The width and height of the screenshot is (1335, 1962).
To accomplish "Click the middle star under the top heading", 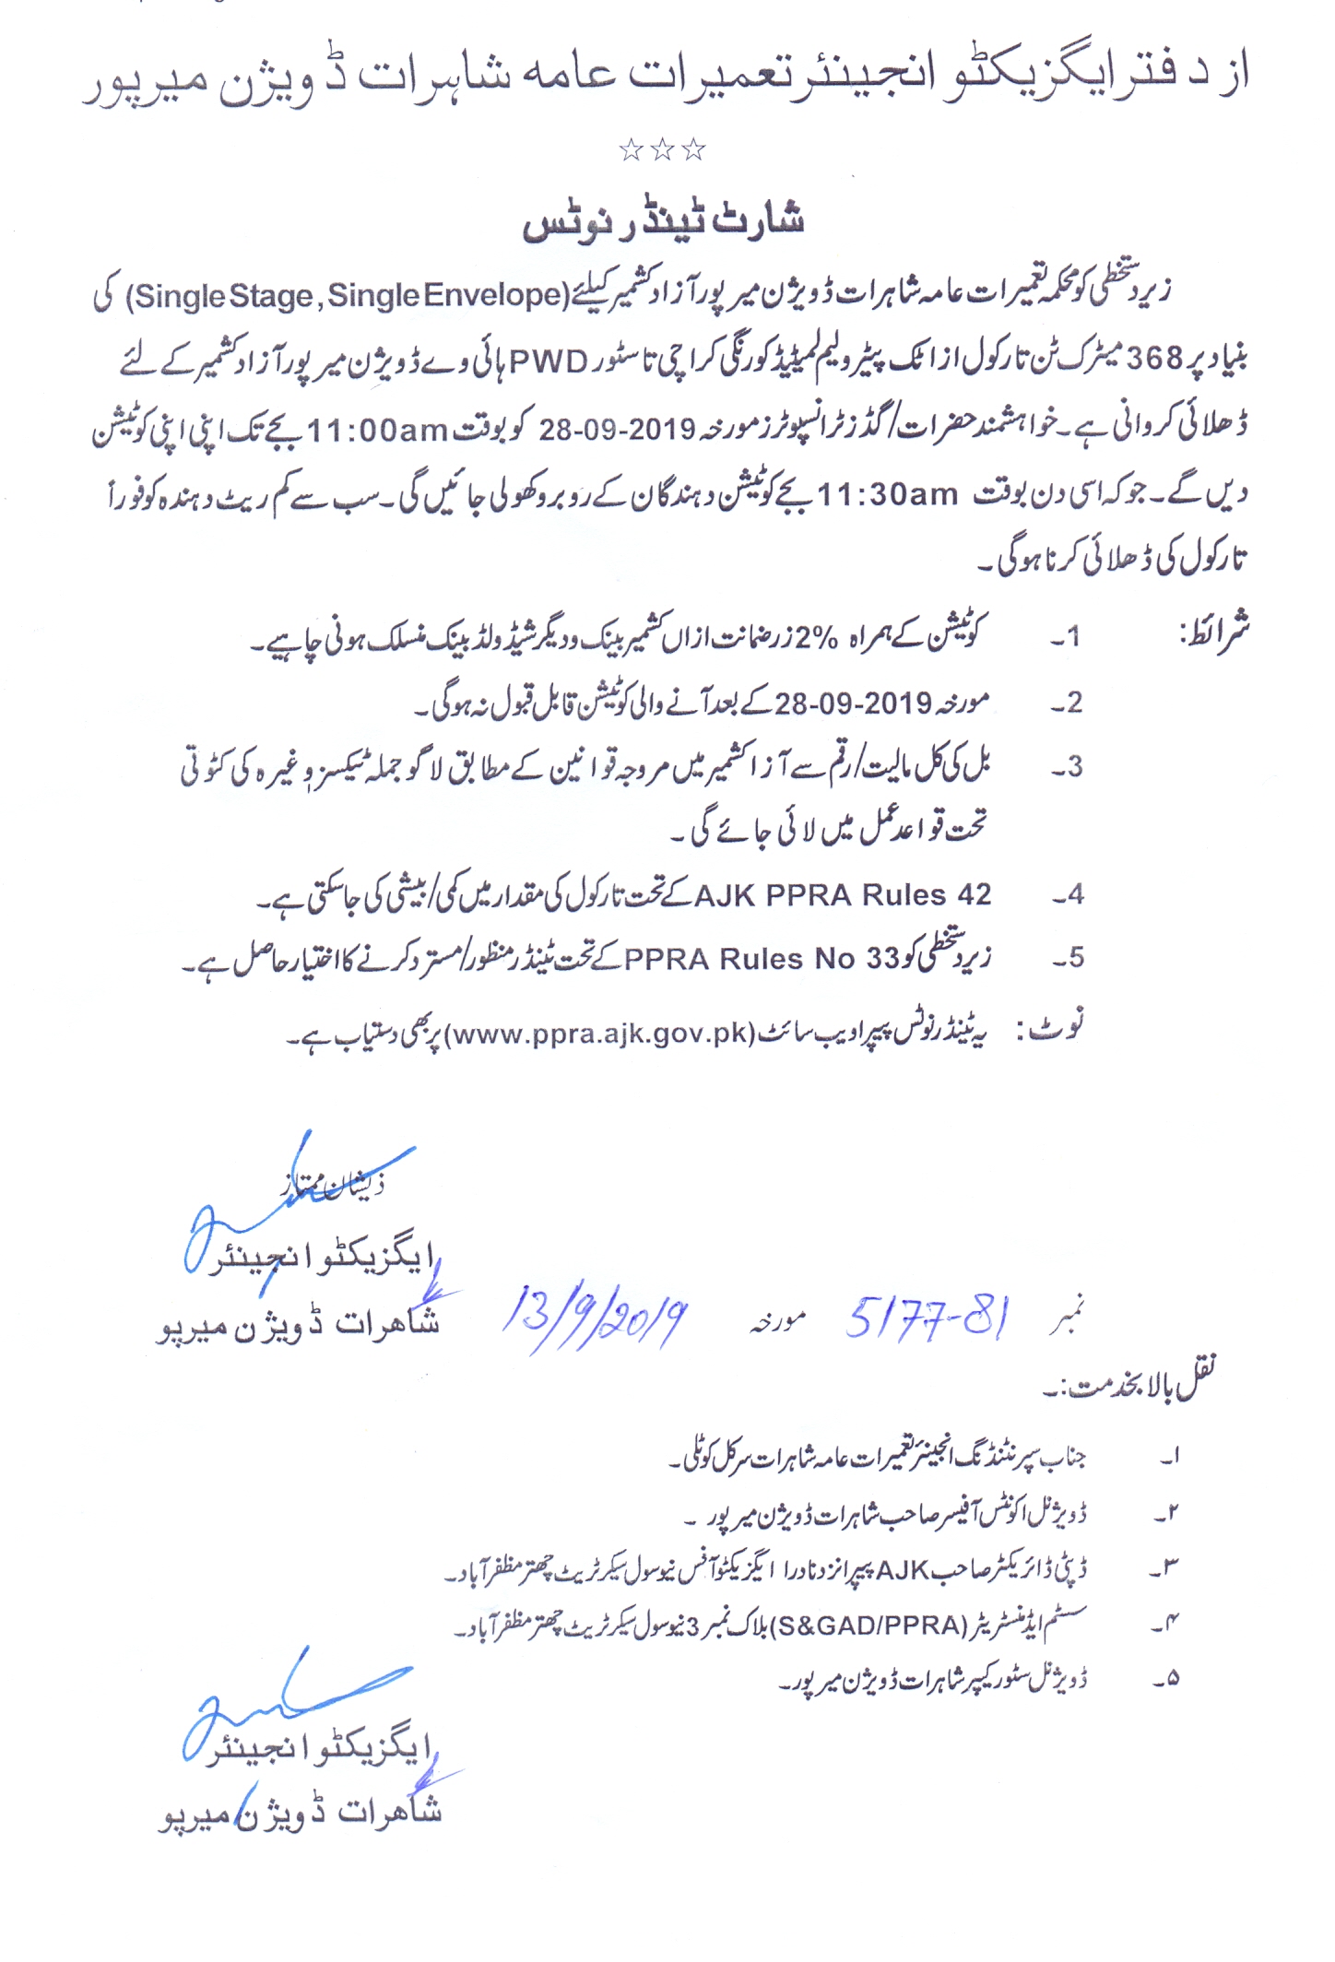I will (662, 149).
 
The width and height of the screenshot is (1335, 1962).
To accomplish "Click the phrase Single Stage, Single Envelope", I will (349, 296).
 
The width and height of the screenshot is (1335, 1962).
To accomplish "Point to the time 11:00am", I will (376, 430).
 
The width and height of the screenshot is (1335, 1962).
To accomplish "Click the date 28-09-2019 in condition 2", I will (853, 703).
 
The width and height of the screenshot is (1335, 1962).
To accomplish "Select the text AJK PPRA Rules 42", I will (842, 894).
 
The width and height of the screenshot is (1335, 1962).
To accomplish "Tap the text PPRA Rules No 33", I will (762, 959).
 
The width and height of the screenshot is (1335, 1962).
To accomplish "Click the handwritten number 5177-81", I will (927, 1317).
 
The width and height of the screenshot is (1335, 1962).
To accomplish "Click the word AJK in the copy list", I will (904, 1569).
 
